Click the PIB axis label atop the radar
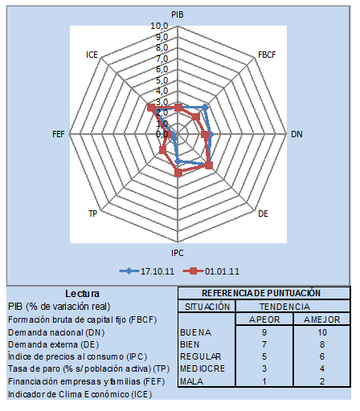178,14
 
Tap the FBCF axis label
267,55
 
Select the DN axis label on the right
297,134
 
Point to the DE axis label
263,214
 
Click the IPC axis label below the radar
178,253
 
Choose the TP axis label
93,214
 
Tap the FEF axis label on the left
59,134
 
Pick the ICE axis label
92,55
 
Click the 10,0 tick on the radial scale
159,26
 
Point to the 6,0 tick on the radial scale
162,69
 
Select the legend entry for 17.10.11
147,271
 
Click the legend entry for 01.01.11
211,271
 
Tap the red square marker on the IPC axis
178,173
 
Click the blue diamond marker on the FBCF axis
205,108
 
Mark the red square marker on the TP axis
163,150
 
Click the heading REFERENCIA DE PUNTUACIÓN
261,293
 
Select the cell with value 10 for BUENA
322,332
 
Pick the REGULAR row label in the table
201,356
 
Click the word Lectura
82,294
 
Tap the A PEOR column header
264,319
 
